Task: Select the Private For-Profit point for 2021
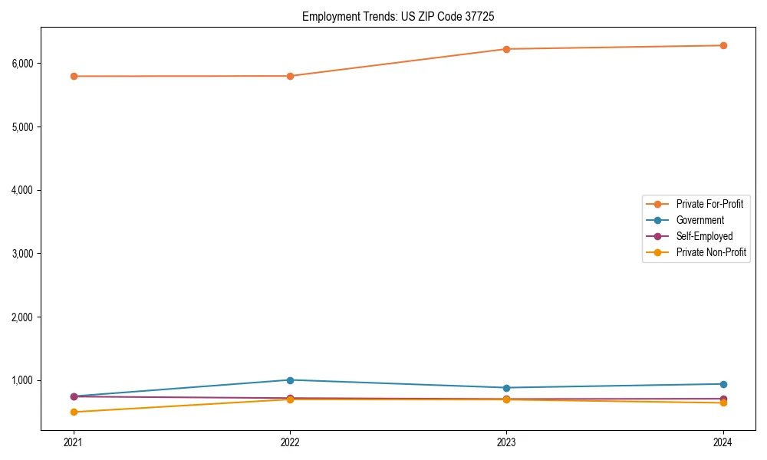[x=74, y=76]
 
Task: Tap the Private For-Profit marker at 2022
[x=290, y=76]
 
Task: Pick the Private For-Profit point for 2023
[x=506, y=49]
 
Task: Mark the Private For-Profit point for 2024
[x=723, y=45]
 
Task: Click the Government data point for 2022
[x=290, y=380]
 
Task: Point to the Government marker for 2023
[x=506, y=388]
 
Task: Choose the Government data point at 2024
[x=723, y=384]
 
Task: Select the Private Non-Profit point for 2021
[x=74, y=412]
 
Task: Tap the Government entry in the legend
[x=700, y=220]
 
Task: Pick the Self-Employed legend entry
[x=704, y=236]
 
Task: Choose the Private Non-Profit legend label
[x=711, y=252]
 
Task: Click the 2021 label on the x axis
[x=74, y=442]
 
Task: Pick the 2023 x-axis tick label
[x=506, y=442]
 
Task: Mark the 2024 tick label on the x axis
[x=723, y=442]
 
